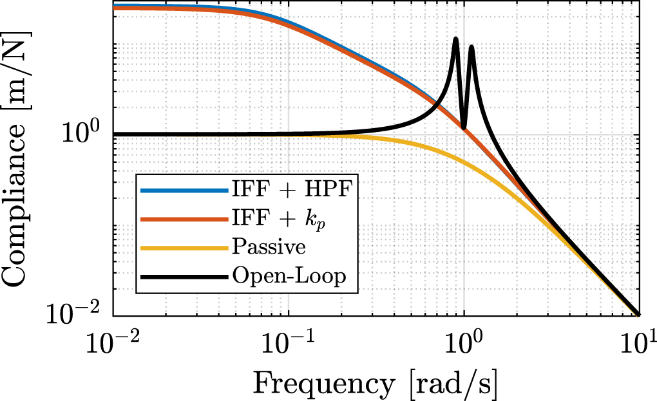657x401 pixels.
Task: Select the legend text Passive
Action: click(269, 247)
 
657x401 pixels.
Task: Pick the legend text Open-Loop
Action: click(289, 277)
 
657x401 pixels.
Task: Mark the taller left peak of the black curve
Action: click(455, 39)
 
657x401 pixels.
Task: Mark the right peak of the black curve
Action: click(471, 47)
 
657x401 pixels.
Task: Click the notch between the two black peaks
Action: click(464, 127)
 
